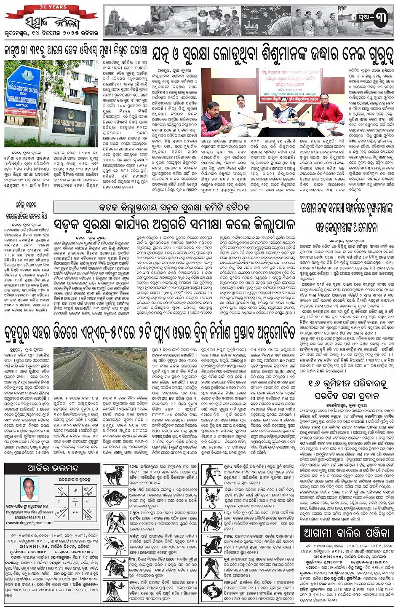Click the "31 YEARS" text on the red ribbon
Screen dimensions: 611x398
[x=51, y=7]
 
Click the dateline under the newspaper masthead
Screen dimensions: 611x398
[x=51, y=32]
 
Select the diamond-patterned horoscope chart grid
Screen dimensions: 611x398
[x=76, y=501]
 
